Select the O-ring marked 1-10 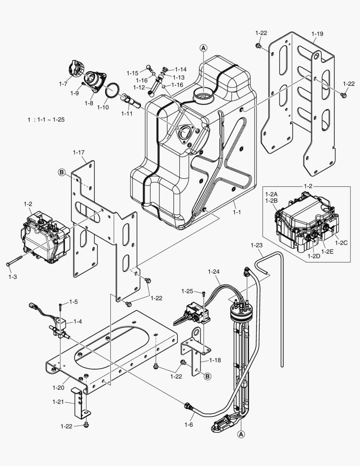113,91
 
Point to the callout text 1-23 256,245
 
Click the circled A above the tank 203,48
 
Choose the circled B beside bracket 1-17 62,173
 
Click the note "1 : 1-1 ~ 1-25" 46,120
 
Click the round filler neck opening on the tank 203,93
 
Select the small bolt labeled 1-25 203,294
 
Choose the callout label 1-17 78,152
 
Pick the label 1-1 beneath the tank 237,212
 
